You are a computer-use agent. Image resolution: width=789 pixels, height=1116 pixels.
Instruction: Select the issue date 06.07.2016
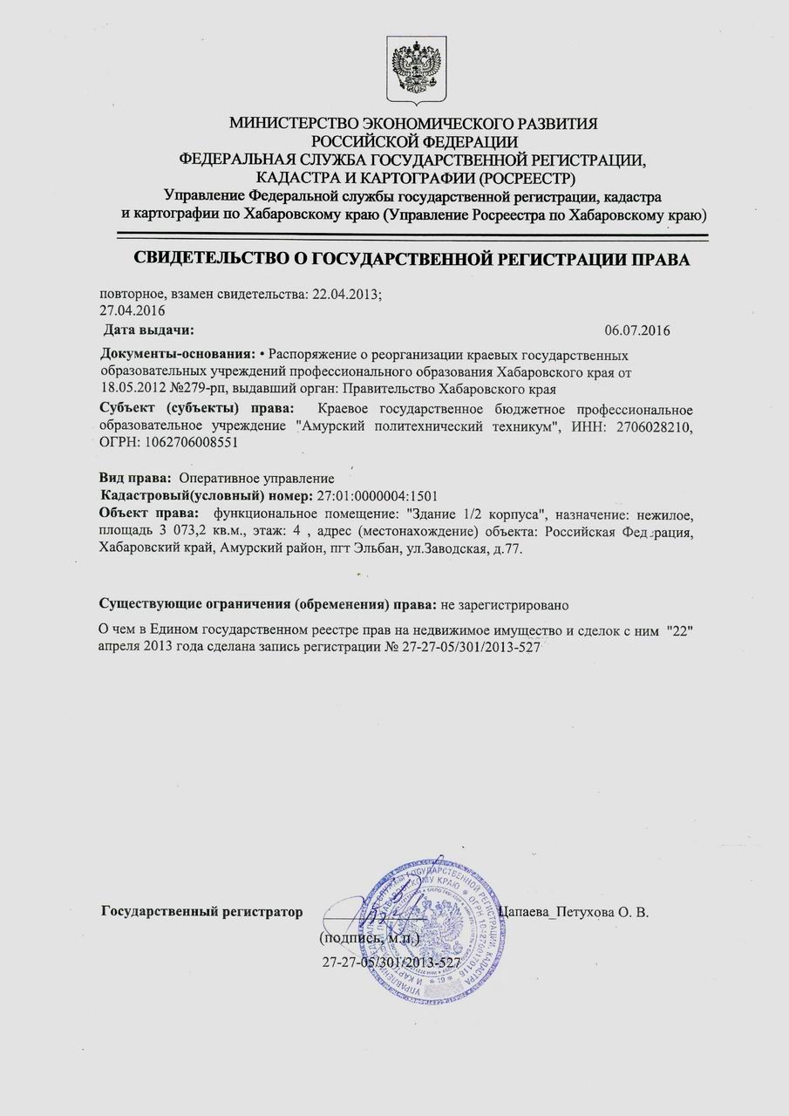[637, 330]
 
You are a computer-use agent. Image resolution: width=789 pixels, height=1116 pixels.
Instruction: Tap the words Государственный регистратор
[202, 912]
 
